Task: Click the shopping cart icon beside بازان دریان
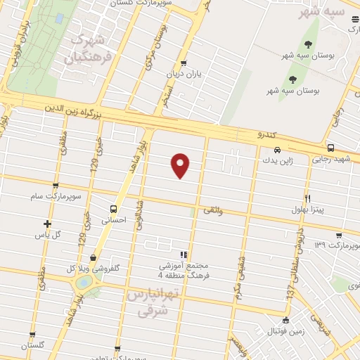click(184, 63)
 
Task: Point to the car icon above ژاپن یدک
click(278, 149)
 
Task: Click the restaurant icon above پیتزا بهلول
click(307, 198)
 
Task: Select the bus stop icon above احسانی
click(112, 209)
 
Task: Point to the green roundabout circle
click(84, 282)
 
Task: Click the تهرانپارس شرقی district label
click(148, 301)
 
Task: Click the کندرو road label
click(269, 134)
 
